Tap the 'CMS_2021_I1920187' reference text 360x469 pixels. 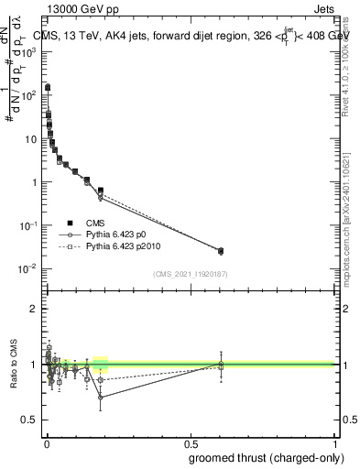(x=191, y=274)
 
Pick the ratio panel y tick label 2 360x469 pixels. (x=33, y=309)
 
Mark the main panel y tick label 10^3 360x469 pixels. (x=28, y=52)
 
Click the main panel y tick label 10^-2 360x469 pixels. (x=28, y=268)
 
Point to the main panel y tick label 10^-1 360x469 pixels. (x=28, y=225)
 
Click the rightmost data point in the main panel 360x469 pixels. (x=220, y=250)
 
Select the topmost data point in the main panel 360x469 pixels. (x=48, y=88)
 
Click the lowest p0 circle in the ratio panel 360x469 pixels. (x=100, y=398)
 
